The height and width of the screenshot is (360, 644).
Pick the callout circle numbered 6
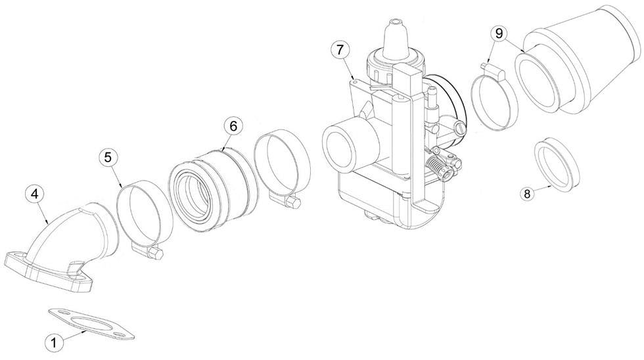pos(234,125)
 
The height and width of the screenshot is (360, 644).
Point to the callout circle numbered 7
pos(339,50)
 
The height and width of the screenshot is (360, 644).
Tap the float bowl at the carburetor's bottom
pos(375,197)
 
